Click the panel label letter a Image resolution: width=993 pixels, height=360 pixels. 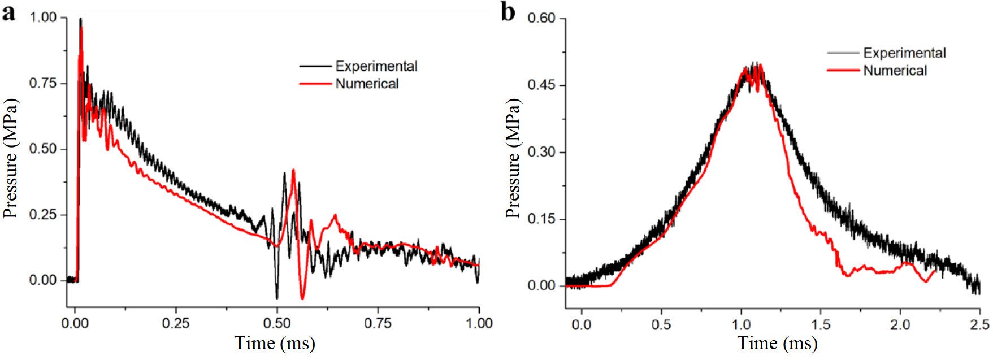(8, 12)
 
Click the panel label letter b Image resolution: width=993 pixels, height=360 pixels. (508, 12)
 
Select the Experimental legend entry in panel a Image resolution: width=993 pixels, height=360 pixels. (376, 66)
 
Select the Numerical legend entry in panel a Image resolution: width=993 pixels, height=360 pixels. (367, 84)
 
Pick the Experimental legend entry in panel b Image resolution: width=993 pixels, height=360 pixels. (904, 53)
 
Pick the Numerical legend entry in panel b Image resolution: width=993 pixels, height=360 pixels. (895, 71)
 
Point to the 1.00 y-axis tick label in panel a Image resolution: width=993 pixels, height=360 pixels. (43, 18)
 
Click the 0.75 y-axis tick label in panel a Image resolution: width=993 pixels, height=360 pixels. (43, 83)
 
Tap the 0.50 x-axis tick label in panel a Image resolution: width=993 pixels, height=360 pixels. (277, 323)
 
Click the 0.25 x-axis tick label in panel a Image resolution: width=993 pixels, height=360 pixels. (176, 323)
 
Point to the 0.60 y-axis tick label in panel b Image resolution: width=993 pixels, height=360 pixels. (541, 18)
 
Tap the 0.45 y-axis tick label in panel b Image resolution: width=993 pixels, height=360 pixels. (541, 85)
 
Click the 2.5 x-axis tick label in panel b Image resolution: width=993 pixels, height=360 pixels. (980, 324)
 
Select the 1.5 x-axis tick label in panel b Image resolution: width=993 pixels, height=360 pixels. (821, 324)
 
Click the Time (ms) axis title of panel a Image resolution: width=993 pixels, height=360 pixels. (275, 343)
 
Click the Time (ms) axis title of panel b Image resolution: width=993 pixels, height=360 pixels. (777, 343)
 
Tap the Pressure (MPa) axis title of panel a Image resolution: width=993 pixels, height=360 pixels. (10, 158)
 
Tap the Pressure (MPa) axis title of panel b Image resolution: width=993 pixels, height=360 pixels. (512, 158)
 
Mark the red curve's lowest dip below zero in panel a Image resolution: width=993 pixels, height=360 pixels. (302, 298)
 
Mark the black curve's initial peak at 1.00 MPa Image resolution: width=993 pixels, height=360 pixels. (80, 19)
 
